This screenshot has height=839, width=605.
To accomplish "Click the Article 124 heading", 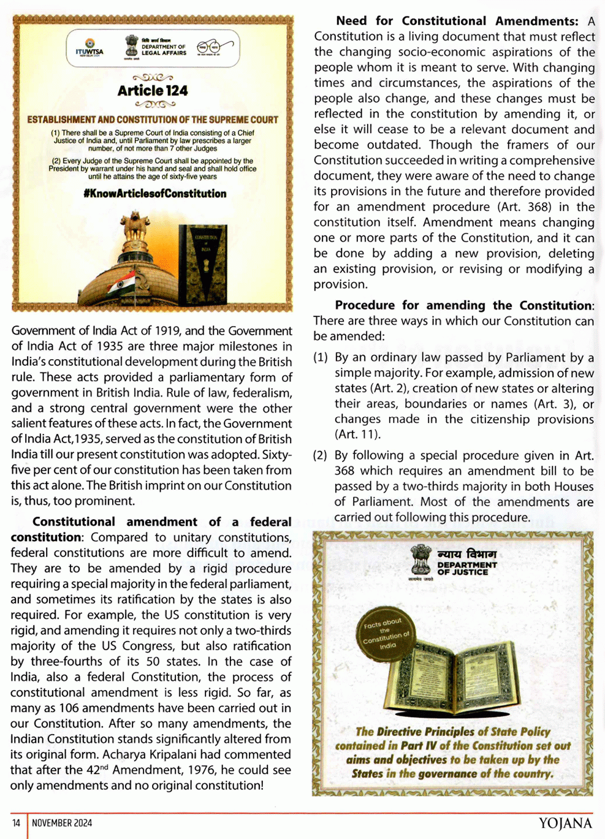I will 153,91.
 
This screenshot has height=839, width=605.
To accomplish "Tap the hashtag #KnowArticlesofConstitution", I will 154,194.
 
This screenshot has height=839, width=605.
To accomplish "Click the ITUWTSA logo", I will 89,48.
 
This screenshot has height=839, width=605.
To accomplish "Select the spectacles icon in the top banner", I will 214,47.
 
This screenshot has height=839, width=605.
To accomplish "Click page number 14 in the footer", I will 17,823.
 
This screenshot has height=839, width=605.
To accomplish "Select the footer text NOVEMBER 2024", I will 62,823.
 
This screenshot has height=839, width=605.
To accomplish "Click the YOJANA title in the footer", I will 565,823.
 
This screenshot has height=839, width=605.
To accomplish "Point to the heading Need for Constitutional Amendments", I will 457,21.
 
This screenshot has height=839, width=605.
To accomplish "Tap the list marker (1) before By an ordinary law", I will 321,357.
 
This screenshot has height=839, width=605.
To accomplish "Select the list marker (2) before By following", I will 321,455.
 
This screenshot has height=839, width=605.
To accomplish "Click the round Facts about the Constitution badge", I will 386,634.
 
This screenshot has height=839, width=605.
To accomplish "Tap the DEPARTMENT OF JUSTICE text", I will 467,568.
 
